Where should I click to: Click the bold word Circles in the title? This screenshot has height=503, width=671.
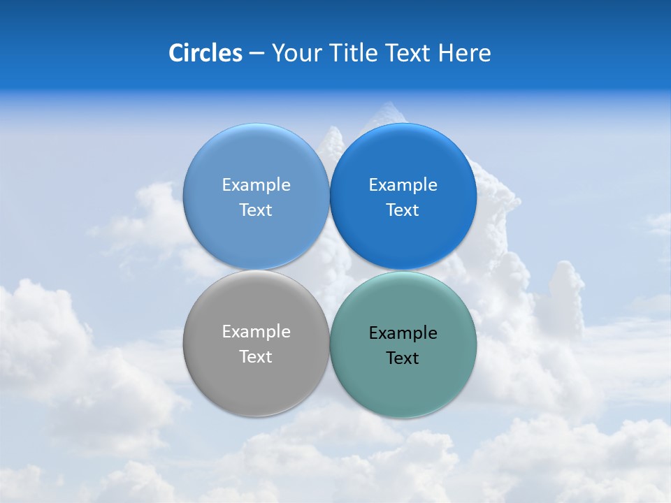click(205, 53)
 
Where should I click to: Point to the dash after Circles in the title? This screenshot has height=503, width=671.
click(257, 54)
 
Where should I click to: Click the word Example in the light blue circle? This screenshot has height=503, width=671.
click(256, 185)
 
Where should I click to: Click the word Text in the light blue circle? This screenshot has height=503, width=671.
click(256, 210)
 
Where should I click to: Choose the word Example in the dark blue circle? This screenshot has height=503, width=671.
click(403, 185)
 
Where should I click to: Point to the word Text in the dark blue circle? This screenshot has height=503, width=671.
click(403, 210)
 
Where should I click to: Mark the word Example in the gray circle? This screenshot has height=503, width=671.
click(256, 332)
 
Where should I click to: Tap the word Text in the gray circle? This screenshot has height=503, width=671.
click(256, 357)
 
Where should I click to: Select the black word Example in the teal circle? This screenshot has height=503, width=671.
click(403, 333)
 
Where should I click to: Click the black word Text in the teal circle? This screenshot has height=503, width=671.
click(403, 358)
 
